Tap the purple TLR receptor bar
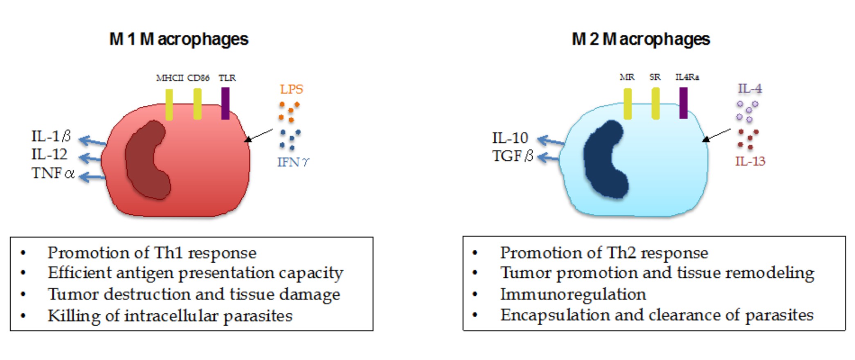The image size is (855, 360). coord(225,103)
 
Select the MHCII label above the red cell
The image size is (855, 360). coord(170,78)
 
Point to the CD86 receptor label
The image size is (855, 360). coord(198,78)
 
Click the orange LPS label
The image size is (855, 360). coord(292,89)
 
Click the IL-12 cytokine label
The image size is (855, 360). coord(49,154)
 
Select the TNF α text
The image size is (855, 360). coord(53,173)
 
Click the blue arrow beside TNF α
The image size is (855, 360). coord(92,177)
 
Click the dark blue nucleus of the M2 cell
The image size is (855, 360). coord(604,160)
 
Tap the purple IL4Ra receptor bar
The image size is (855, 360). coord(683,103)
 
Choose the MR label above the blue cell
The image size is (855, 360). coord(627,77)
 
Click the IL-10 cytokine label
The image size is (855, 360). coord(510,138)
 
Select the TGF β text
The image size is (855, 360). coord(513,156)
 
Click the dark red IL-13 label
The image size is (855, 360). coord(750,161)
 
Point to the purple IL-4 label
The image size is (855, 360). coord(750,88)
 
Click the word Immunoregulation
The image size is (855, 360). coord(573,294)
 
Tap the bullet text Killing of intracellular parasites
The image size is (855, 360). coord(170,316)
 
